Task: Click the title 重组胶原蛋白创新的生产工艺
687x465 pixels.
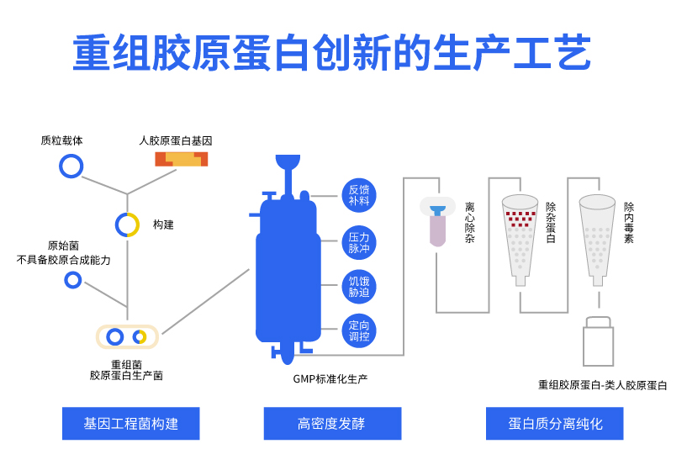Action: pos(332,55)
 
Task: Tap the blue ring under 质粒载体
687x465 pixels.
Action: pos(71,166)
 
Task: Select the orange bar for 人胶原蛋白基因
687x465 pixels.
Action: pos(181,159)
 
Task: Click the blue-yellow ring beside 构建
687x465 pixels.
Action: pos(127,225)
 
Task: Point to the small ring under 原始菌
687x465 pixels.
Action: pos(73,280)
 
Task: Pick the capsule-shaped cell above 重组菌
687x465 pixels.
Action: pos(127,337)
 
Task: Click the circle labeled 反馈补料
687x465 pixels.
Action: pos(359,195)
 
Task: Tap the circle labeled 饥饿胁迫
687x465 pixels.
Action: pos(359,287)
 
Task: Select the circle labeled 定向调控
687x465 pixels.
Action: pos(359,330)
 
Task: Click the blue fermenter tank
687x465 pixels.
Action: pos(286,269)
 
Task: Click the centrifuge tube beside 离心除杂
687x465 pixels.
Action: pos(437,221)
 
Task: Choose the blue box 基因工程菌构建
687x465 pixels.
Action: pos(130,423)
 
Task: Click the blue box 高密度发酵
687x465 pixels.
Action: pos(332,423)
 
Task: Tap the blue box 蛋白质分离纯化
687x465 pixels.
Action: pos(555,423)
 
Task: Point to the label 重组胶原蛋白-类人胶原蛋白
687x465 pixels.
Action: pos(602,385)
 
